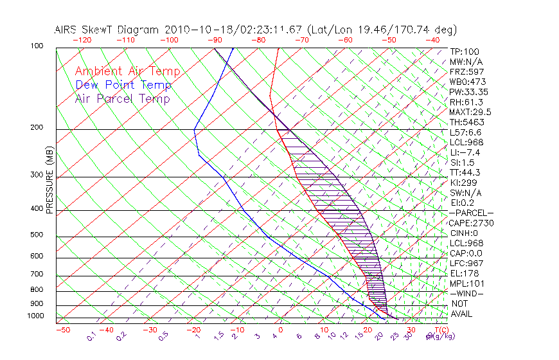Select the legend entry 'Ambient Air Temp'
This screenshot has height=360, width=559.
click(x=127, y=71)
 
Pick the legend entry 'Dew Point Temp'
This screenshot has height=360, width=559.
click(x=123, y=85)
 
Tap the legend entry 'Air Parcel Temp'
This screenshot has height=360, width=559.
click(x=122, y=98)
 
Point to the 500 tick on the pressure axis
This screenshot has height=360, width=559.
click(x=38, y=235)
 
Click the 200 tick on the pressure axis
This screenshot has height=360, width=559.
click(x=38, y=128)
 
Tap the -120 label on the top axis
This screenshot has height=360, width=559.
click(x=81, y=40)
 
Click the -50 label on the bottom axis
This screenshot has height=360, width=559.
click(x=62, y=330)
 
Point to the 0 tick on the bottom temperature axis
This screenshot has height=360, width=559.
click(x=281, y=330)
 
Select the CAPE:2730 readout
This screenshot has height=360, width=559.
click(x=471, y=223)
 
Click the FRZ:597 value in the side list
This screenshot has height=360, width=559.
click(x=467, y=71)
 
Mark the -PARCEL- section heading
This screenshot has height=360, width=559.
click(x=472, y=213)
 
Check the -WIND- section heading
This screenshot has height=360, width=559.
click(x=468, y=293)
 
